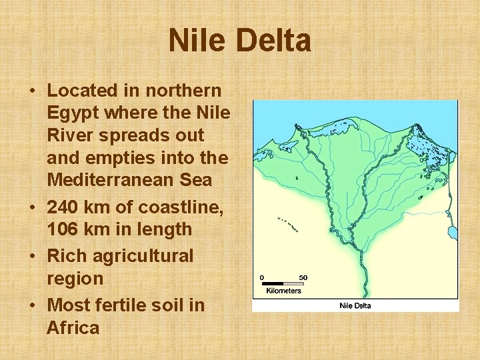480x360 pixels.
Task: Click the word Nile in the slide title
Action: [x=197, y=41]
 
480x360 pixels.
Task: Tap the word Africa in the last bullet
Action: [x=73, y=327]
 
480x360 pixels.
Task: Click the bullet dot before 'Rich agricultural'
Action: [x=32, y=257]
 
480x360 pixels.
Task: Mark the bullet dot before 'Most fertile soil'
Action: [x=32, y=305]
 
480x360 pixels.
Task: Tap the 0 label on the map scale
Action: [x=262, y=277]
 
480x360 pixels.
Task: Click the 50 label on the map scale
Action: [x=303, y=277]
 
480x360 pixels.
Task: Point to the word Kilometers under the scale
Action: [x=283, y=291]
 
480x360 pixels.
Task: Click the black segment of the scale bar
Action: [x=272, y=283]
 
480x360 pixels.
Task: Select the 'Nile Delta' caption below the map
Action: [x=355, y=305]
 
